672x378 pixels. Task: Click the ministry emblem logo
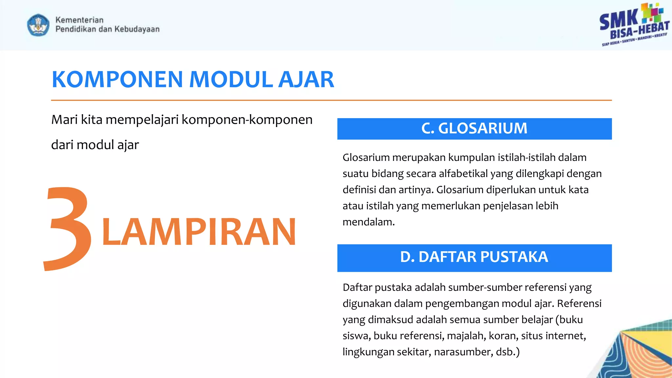38,25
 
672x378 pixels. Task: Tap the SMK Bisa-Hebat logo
634,25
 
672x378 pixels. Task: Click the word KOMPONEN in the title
117,80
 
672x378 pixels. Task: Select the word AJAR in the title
306,80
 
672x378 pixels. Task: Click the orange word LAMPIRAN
199,232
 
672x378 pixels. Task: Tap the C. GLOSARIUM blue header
474,129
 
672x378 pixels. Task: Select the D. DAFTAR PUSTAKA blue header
474,258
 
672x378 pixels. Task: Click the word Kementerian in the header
79,20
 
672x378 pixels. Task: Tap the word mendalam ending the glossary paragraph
368,222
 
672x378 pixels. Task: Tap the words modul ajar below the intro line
108,145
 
